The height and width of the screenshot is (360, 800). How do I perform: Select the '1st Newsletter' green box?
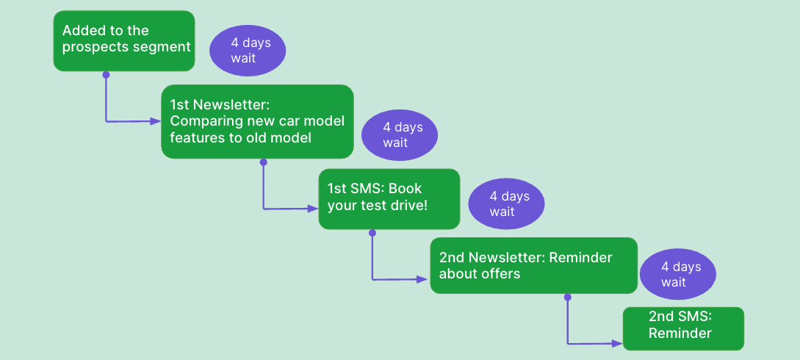pos(257,121)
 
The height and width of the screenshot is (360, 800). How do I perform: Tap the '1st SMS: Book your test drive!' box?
pos(389,198)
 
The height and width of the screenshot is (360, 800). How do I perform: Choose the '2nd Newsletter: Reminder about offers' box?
pos(533,265)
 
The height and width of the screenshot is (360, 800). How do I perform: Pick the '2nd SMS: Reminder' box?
pos(683,328)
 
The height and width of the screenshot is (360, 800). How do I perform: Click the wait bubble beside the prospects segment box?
pos(248,51)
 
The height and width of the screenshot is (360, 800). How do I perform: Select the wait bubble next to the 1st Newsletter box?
pos(400,135)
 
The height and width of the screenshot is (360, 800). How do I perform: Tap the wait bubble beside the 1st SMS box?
pos(506,204)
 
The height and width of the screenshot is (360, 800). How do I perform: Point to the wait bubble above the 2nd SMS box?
pos(677,275)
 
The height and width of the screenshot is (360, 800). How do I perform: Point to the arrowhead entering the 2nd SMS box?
pos(618,342)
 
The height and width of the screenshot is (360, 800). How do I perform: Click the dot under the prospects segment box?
pos(106,74)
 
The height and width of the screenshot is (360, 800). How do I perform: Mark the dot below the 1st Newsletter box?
pos(264,162)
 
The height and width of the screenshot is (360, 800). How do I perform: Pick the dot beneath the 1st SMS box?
pos(372,232)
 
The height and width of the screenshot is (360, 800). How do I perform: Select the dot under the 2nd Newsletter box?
pos(567,297)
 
